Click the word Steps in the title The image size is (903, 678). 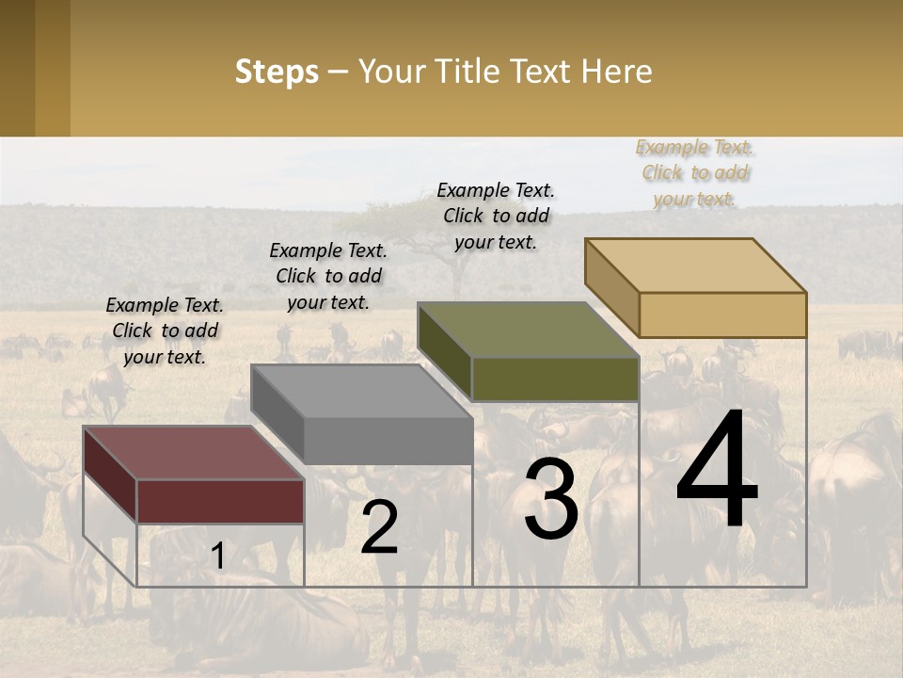[276, 72]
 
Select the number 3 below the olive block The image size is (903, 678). [551, 499]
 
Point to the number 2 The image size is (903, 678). [379, 527]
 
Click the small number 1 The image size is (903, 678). [217, 556]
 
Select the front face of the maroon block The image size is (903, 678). [220, 501]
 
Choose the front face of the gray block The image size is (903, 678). [388, 440]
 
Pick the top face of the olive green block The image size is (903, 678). [527, 329]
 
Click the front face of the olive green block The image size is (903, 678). [555, 379]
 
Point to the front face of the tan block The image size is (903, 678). [722, 315]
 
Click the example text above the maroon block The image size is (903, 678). [165, 331]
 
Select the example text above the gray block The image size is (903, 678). [328, 276]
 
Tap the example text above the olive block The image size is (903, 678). [496, 216]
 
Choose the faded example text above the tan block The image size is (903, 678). [694, 172]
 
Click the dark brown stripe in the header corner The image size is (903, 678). [17, 68]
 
